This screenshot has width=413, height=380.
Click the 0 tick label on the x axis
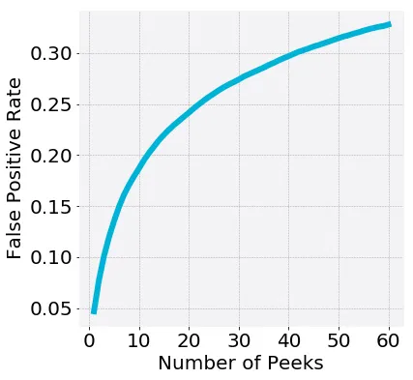89,340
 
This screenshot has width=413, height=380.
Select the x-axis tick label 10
138,340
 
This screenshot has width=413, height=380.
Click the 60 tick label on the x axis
389,340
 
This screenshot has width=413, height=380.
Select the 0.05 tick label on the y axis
51,308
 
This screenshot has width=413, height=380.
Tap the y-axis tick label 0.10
51,257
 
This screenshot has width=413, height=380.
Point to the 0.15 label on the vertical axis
51,206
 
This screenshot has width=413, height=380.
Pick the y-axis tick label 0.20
51,155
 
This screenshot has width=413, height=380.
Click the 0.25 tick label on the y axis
51,104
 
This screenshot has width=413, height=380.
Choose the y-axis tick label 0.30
51,53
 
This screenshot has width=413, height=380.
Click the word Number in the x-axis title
195,365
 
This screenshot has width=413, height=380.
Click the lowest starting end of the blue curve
94,310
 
